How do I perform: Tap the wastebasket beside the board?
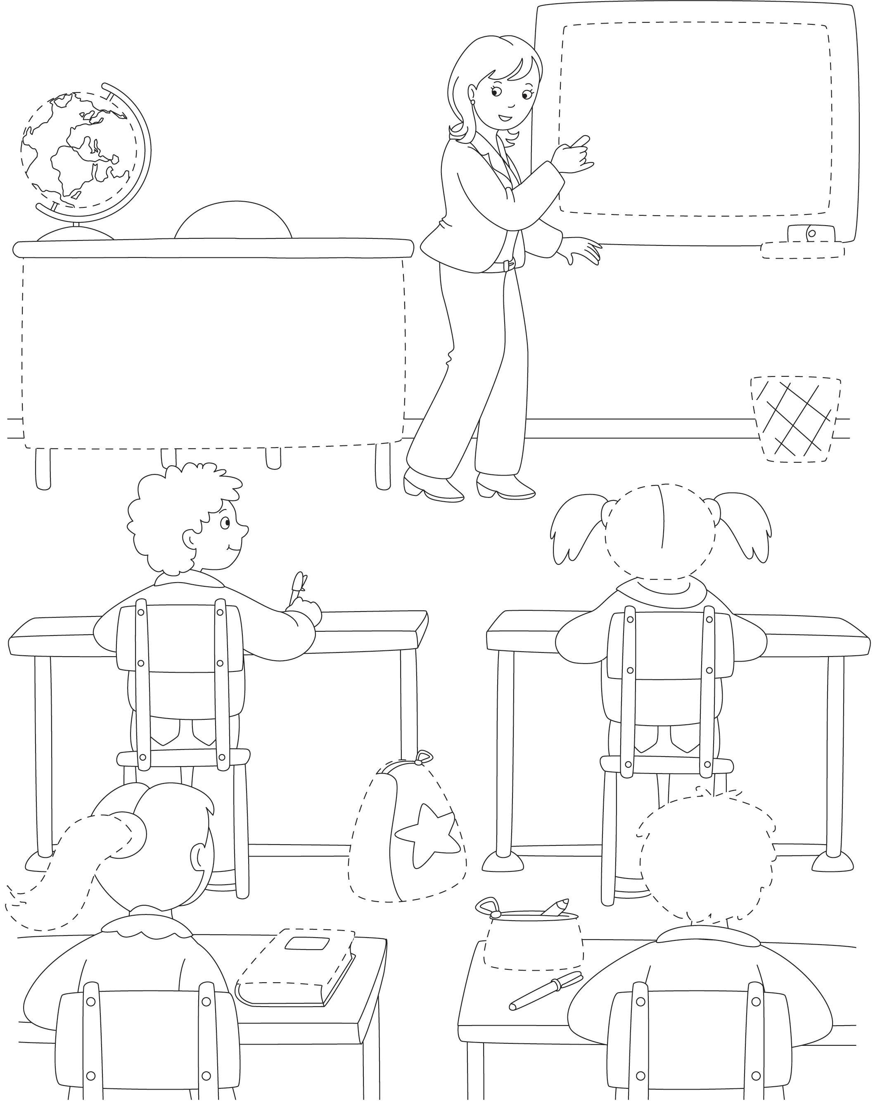click(794, 420)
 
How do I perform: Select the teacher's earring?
click(472, 102)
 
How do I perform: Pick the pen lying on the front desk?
click(545, 992)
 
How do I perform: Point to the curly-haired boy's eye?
click(225, 523)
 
